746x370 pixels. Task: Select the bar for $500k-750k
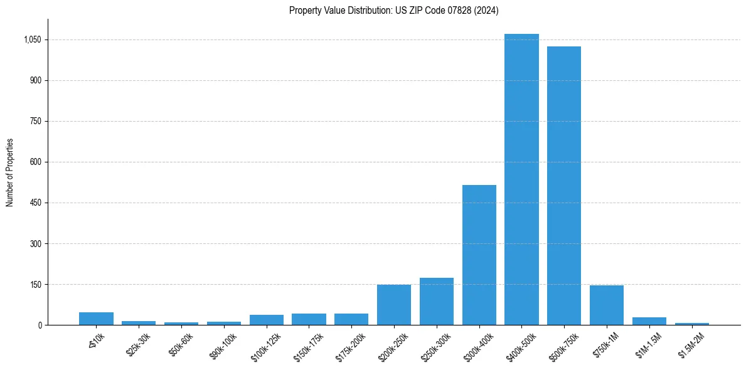564,186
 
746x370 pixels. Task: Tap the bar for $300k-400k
479,255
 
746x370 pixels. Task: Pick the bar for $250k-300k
437,302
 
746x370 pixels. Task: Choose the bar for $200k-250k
394,305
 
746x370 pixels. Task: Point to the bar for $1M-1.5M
649,321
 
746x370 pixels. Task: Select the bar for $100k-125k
267,320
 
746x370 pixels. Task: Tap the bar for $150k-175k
309,319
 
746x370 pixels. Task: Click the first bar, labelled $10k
96,319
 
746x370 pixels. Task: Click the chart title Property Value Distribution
393,10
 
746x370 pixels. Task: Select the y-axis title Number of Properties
9,172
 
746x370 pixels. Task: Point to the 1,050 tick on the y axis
32,40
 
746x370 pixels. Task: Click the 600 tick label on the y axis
35,162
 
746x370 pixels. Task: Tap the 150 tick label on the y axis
35,284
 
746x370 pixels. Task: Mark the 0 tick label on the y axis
39,325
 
